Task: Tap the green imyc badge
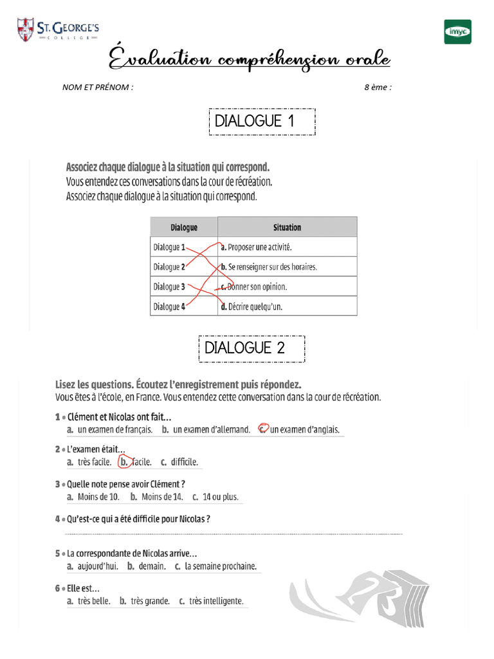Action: click(457, 32)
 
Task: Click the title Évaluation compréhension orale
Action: click(248, 60)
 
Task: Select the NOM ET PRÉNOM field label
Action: click(98, 88)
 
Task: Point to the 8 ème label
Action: click(378, 88)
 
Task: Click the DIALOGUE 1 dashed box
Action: click(262, 122)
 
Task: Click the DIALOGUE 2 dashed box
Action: click(252, 348)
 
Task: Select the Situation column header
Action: click(287, 227)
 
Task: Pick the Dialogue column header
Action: click(184, 227)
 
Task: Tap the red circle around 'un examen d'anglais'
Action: click(262, 429)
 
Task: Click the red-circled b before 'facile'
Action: click(124, 461)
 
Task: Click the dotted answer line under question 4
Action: click(233, 534)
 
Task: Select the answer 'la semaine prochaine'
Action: click(220, 566)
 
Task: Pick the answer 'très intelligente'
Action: click(216, 601)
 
